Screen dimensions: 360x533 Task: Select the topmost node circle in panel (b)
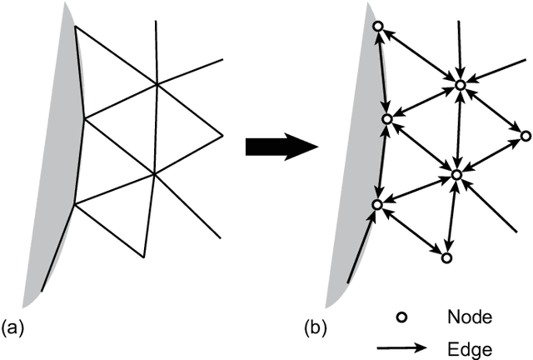(x=377, y=27)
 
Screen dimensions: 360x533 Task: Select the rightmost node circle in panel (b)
(x=526, y=135)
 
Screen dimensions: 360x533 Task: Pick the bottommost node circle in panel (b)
(x=446, y=258)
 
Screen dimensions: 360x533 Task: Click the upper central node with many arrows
(x=460, y=85)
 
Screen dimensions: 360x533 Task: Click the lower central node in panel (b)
(x=456, y=174)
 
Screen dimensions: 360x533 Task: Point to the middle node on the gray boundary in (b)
(x=386, y=120)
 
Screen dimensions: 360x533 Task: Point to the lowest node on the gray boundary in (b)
(x=377, y=204)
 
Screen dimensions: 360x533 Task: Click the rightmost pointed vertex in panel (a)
(x=223, y=135)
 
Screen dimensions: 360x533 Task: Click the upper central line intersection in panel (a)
(x=157, y=83)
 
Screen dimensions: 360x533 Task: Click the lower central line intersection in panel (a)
(x=154, y=173)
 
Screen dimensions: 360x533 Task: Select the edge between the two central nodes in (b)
(x=458, y=129)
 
